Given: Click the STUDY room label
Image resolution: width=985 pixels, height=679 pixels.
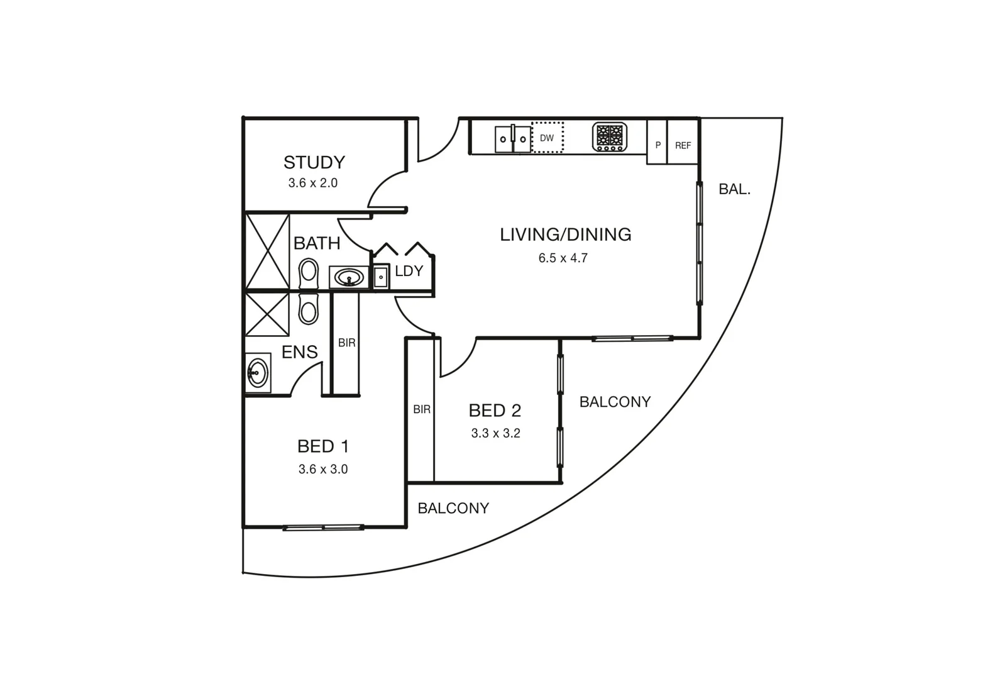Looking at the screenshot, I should pos(314,162).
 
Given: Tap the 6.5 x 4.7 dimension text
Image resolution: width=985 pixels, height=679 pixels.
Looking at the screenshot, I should pos(563,258).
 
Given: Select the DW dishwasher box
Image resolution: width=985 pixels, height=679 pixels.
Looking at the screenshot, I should pos(548,138).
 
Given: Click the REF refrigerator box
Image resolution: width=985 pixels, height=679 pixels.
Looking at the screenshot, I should pos(683,145).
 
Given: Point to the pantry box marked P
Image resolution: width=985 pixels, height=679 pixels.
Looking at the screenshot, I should pos(658,145).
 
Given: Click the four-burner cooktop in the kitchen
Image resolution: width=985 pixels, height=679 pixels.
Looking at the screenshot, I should pos(610,137).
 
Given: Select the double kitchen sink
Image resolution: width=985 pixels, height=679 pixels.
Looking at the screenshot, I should pos(513,138).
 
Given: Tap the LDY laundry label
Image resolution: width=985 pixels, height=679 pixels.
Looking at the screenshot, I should pos(409,271).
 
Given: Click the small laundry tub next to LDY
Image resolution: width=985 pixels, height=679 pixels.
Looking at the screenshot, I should pos(381,277).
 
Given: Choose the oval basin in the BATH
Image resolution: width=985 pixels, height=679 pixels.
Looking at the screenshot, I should pos(349,277).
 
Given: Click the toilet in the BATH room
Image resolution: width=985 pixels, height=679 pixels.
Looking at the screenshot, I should pos(308,273).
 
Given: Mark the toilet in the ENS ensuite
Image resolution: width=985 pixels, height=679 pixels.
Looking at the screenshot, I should pos(308,309).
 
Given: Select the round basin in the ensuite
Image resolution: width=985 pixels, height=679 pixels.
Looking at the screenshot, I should pos(256,373).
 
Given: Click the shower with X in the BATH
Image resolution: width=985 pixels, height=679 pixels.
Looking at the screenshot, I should pos(267,251).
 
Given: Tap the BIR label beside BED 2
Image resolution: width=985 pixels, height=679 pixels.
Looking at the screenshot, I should pos(422,409).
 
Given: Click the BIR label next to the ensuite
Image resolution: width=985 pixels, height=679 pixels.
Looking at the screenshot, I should pos(346,343).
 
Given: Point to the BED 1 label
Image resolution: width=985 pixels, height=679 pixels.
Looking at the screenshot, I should pos(322,446).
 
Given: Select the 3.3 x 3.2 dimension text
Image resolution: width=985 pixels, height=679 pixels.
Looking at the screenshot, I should pos(495,433).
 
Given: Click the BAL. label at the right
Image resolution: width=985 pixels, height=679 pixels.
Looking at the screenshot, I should pos(734,189).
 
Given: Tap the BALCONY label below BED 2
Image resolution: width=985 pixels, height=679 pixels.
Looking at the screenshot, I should pos(453,508).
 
